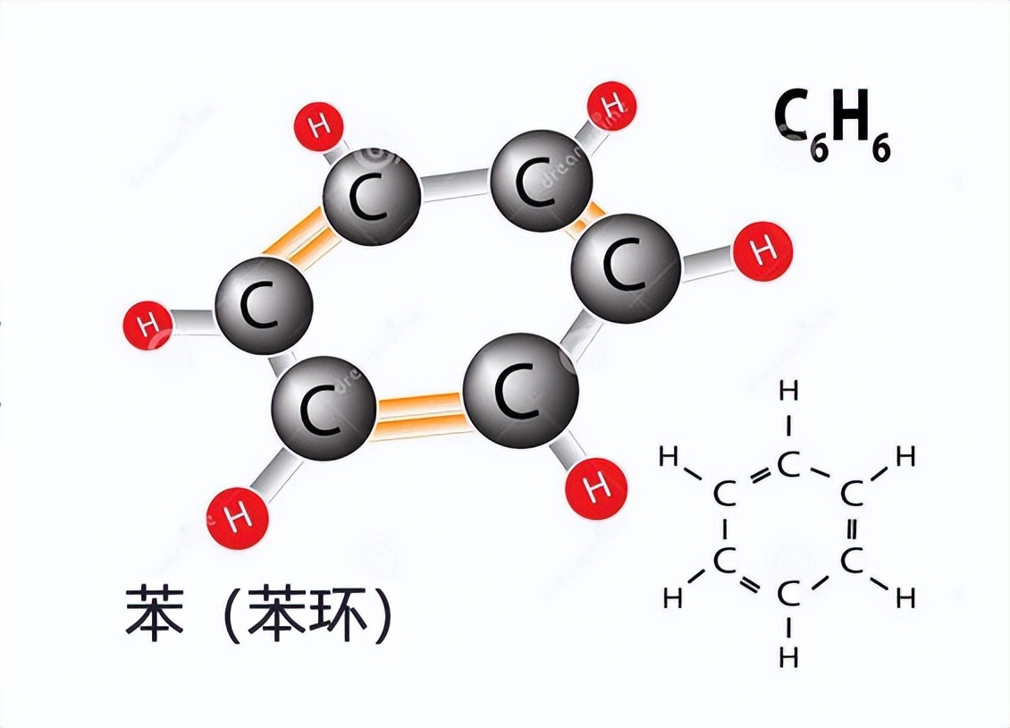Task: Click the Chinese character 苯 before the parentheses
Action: pyautogui.click(x=155, y=613)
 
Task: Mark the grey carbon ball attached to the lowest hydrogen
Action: pyautogui.click(x=323, y=409)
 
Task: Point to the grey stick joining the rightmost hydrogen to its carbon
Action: pyautogui.click(x=706, y=260)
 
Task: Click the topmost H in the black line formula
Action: pyautogui.click(x=787, y=391)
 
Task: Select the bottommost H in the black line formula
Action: pyautogui.click(x=787, y=657)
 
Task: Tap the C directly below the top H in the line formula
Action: pyautogui.click(x=787, y=465)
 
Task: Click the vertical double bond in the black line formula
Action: pyautogui.click(x=852, y=527)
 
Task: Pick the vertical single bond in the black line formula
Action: pyautogui.click(x=724, y=527)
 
